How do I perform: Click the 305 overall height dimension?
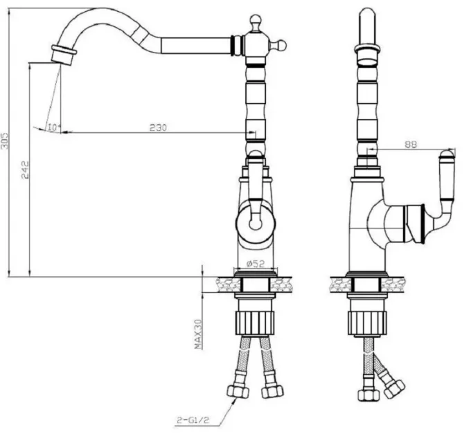click(5, 140)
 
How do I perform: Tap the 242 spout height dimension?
click(26, 170)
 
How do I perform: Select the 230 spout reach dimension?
click(158, 127)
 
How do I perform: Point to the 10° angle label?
click(54, 127)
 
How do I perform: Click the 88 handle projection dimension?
click(411, 145)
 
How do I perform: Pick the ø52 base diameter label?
click(256, 264)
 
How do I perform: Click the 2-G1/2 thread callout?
click(193, 420)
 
